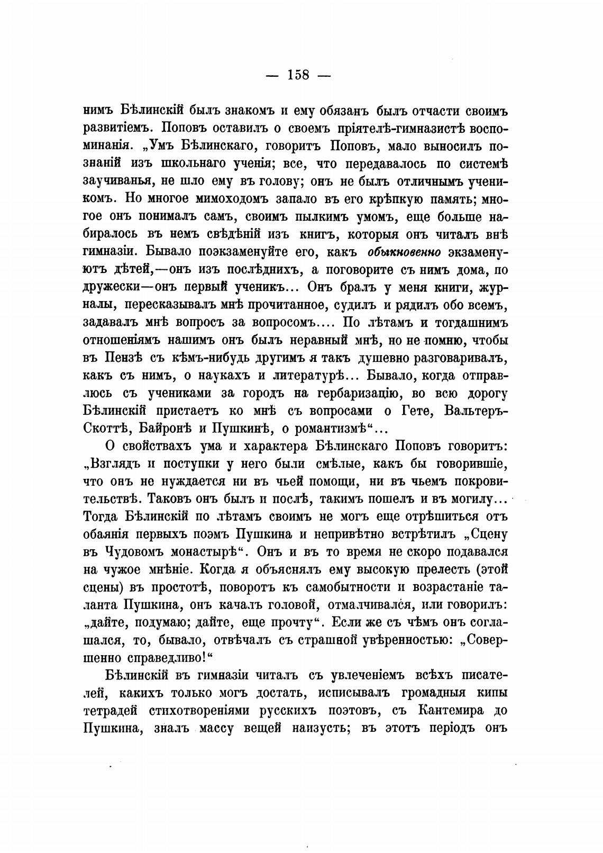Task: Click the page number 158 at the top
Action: click(298, 75)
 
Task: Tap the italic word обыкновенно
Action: click(400, 251)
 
